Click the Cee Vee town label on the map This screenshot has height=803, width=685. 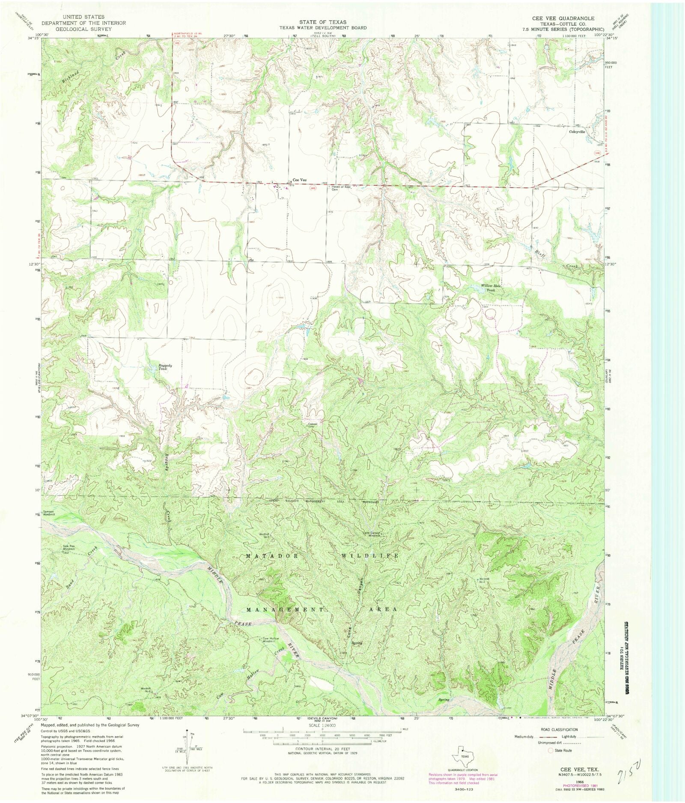point(299,180)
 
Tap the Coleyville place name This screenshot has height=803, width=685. point(577,132)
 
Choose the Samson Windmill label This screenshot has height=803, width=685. point(48,513)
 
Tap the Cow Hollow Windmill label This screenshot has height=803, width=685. point(270,640)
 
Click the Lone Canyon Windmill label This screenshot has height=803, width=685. point(371,534)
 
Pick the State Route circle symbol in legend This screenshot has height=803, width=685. point(551,750)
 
